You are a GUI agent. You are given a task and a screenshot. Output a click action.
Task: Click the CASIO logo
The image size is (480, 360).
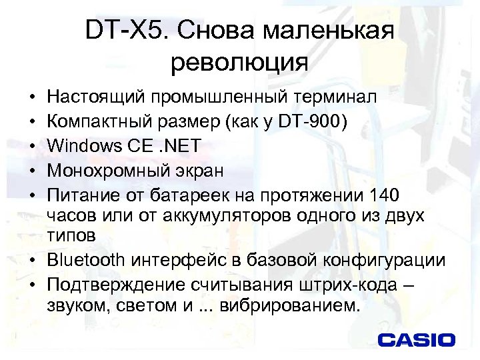pyautogui.click(x=416, y=339)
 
